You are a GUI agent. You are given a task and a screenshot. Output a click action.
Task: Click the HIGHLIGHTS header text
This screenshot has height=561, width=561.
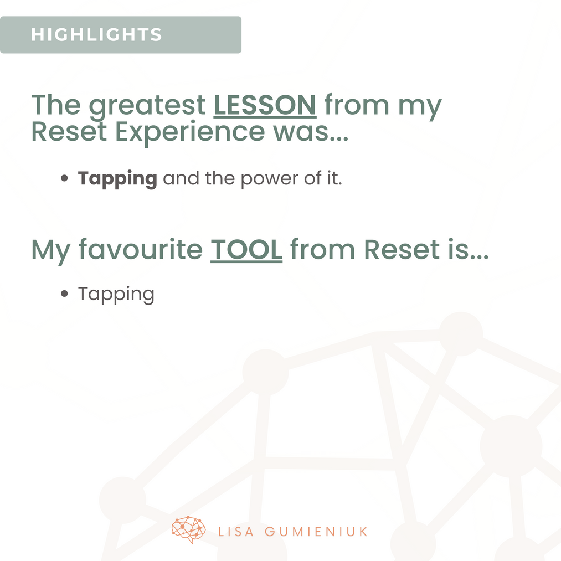(96, 35)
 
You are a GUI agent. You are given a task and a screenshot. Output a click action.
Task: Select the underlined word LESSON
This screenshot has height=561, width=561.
(265, 105)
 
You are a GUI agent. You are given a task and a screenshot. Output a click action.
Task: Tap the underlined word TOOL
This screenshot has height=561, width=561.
(246, 250)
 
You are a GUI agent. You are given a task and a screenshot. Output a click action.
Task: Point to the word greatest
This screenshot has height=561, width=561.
(147, 106)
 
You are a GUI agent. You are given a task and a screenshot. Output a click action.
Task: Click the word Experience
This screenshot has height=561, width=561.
(190, 132)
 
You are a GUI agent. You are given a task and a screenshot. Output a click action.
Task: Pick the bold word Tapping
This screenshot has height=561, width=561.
(117, 178)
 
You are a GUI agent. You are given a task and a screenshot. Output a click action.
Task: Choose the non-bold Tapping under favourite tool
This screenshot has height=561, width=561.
(116, 295)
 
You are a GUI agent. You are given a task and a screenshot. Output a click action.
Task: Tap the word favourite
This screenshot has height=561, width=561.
(141, 249)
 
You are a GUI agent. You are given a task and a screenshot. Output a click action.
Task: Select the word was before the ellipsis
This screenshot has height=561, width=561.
(301, 132)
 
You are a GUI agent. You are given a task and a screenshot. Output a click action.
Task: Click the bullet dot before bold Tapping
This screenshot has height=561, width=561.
(64, 178)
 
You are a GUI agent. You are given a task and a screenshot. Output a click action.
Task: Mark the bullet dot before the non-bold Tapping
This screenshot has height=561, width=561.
(64, 294)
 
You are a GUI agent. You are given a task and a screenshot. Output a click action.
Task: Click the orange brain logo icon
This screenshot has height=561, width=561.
(188, 529)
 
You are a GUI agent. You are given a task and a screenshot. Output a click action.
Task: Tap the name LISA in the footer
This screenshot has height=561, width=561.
(236, 532)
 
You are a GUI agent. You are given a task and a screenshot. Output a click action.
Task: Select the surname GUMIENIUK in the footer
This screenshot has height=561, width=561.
(316, 532)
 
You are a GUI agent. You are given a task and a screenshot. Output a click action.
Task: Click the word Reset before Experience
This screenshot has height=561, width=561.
(69, 132)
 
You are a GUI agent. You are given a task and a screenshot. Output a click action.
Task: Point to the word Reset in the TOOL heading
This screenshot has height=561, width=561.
(402, 249)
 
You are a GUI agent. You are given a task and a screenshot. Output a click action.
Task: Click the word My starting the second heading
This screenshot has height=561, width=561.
(51, 251)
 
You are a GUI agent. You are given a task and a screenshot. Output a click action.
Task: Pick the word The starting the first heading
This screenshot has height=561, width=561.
(56, 105)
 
